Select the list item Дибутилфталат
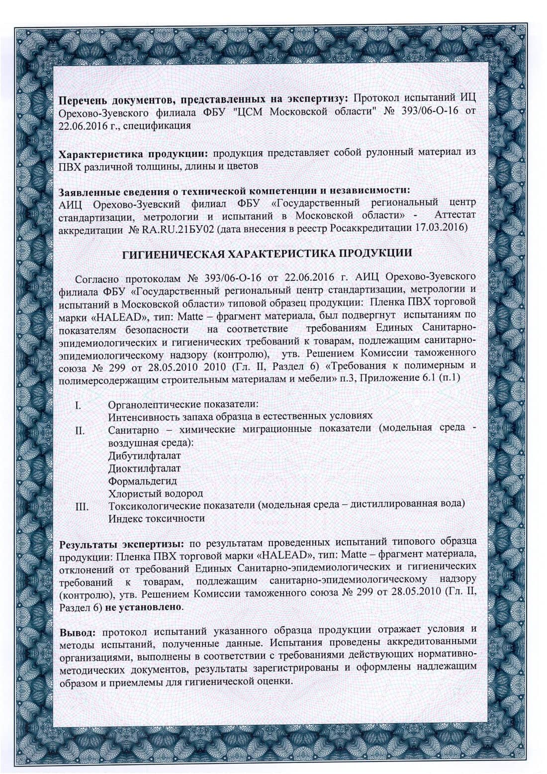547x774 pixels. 144,455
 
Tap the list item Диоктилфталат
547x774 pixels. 144,468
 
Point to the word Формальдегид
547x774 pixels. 142,481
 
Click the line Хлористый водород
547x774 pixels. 155,493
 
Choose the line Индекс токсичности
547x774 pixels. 157,518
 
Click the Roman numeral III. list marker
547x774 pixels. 81,506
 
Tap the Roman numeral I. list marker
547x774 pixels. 78,404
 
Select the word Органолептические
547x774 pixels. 151,404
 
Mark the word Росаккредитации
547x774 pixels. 375,228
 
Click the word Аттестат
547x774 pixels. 455,215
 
